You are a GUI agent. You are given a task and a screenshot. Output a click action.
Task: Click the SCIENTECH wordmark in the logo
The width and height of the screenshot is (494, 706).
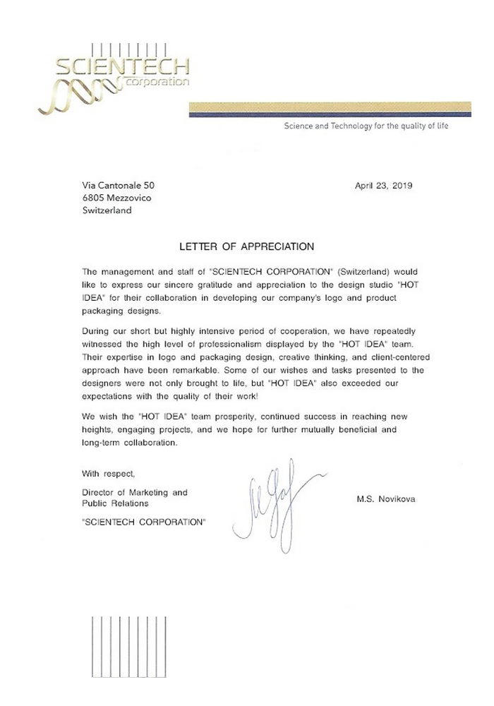click(122, 68)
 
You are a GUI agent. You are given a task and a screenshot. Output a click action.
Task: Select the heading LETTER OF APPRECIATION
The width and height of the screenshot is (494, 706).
click(247, 247)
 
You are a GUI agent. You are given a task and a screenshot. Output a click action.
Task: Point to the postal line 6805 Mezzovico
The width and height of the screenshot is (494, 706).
click(116, 198)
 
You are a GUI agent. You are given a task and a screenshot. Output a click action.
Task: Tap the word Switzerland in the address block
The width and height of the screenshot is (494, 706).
click(107, 210)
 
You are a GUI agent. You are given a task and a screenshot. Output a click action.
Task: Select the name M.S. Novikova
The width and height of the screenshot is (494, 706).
click(386, 499)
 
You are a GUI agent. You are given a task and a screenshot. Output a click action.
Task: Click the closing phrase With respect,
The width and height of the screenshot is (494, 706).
click(104, 473)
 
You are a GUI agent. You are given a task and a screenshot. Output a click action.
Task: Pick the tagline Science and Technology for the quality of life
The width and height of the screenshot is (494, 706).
click(366, 126)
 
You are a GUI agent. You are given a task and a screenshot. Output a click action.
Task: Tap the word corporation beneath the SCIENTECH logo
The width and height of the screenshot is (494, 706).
click(159, 83)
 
